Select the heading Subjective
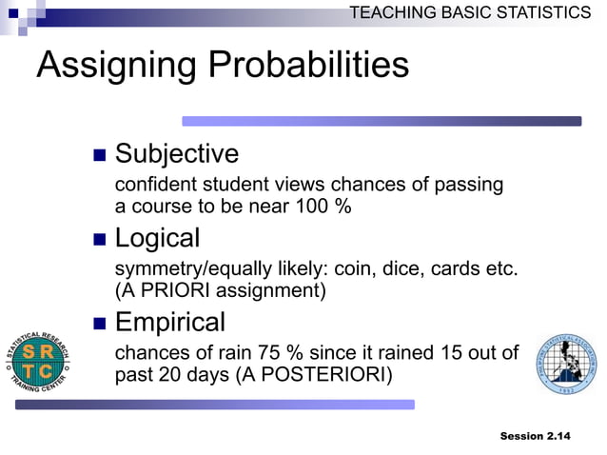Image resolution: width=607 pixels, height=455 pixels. pyautogui.click(x=176, y=153)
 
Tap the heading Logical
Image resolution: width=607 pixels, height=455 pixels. pyautogui.click(x=157, y=238)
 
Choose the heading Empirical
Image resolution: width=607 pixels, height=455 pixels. pyautogui.click(x=169, y=322)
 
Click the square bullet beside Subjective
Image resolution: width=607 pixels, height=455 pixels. pyautogui.click(x=99, y=154)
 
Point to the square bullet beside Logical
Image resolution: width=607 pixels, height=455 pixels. pyautogui.click(x=99, y=239)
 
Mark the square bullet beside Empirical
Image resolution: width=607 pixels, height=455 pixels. pyautogui.click(x=99, y=323)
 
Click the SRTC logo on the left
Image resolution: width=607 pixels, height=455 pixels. pyautogui.click(x=39, y=362)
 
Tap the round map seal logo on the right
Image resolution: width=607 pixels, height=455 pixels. pyautogui.click(x=566, y=365)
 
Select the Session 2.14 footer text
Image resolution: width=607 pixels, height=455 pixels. pyautogui.click(x=535, y=436)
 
